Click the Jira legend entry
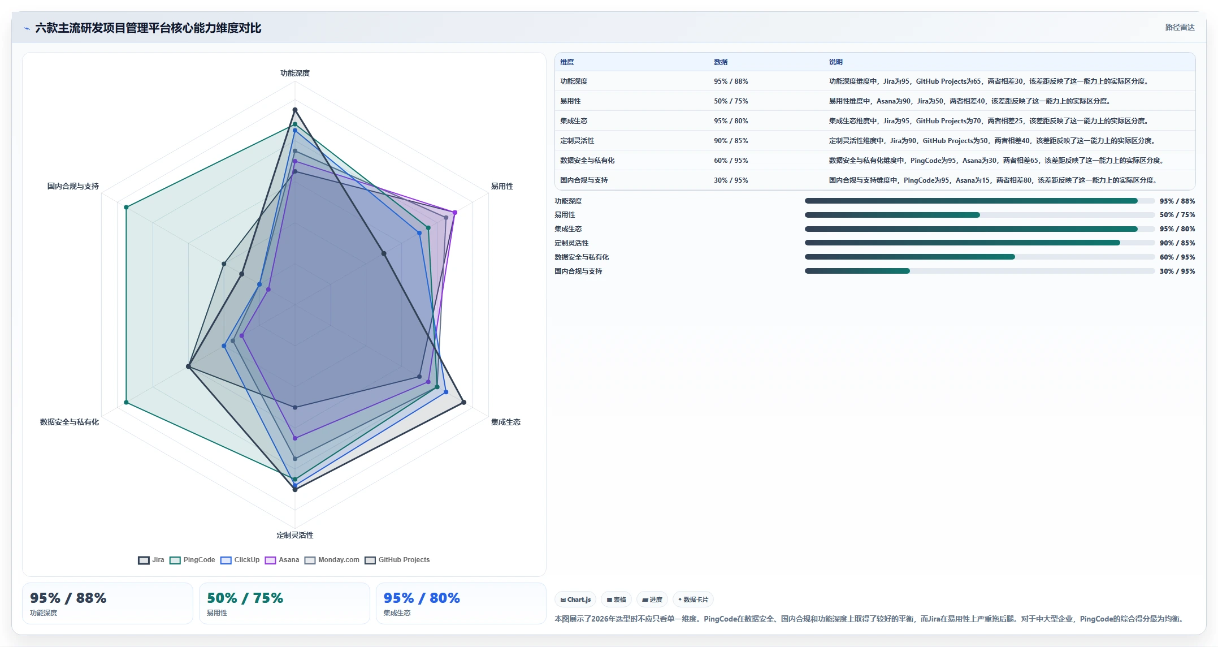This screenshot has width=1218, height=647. tap(151, 560)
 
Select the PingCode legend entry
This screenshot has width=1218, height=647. tap(192, 560)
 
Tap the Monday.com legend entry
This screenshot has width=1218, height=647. tap(332, 560)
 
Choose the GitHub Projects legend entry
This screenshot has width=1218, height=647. tap(397, 560)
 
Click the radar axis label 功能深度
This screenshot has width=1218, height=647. tap(295, 73)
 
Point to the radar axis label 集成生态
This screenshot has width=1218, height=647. tap(505, 422)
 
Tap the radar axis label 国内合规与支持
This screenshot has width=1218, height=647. tap(73, 186)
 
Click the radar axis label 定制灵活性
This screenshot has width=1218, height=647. tap(295, 535)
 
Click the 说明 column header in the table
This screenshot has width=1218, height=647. tap(835, 62)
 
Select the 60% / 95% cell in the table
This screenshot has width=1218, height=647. tap(731, 161)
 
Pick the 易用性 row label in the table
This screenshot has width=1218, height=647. tap(570, 101)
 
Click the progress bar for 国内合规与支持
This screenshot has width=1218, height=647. tap(979, 271)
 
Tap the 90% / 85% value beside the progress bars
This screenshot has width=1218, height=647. tap(1177, 243)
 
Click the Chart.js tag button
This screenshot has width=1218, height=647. tap(575, 599)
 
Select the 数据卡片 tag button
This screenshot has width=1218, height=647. tap(693, 599)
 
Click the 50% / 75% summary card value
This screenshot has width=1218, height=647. tap(245, 598)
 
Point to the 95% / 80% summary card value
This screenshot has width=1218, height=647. tap(422, 598)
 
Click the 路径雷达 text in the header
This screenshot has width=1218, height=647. tap(1180, 27)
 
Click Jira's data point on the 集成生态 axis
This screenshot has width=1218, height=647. tap(464, 402)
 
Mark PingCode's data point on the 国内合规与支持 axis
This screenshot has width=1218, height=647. tap(126, 208)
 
